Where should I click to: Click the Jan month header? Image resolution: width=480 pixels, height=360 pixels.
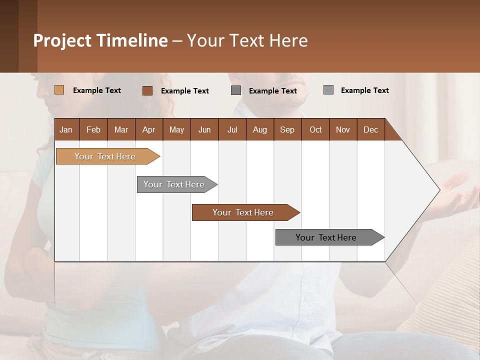point(66,129)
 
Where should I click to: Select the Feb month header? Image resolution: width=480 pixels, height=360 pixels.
point(93,129)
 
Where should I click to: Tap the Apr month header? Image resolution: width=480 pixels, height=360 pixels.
point(148,129)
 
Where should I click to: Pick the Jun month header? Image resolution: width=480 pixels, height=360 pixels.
point(204,129)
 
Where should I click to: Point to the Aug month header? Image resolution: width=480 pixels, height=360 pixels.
point(259,129)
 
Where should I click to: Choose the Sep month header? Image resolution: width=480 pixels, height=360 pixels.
point(287,129)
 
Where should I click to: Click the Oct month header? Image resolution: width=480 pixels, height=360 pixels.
point(315,129)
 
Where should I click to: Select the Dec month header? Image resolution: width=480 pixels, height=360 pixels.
point(370,129)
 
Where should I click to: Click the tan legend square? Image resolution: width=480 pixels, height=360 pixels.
point(59,90)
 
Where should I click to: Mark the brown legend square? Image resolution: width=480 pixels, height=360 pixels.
point(147,90)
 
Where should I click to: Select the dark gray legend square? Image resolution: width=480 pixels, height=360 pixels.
point(236,90)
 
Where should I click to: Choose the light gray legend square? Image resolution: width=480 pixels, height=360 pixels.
point(328,90)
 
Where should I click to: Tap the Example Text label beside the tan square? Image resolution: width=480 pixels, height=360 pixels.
point(97,90)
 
